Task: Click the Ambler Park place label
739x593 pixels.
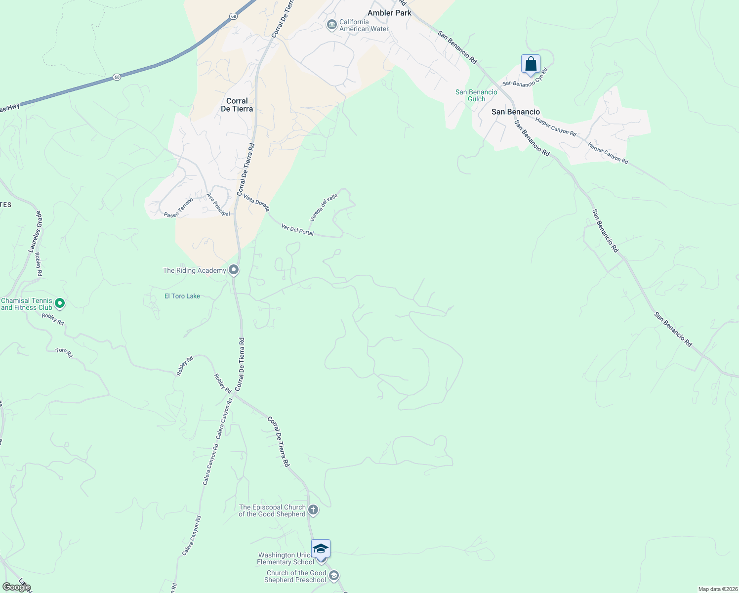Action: pos(389,13)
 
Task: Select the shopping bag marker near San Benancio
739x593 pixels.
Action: pos(531,64)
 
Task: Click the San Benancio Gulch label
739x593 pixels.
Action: pos(476,95)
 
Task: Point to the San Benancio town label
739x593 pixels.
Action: pos(516,112)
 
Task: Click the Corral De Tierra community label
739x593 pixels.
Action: pos(237,105)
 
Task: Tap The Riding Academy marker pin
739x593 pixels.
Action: pos(234,270)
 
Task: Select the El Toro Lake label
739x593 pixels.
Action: pos(182,296)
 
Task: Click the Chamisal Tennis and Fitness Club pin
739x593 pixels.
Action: pos(60,303)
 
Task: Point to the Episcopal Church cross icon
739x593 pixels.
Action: pos(313,509)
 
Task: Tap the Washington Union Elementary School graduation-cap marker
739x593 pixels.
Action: pos(321,549)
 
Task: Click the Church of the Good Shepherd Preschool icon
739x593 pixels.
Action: pos(334,576)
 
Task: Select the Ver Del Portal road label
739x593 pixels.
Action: pos(297,230)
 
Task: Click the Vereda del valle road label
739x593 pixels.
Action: pos(324,208)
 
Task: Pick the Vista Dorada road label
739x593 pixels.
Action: pos(256,202)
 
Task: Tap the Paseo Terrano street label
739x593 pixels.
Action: pos(178,208)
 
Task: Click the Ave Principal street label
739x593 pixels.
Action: pos(218,205)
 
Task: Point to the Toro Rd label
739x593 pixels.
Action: pos(64,352)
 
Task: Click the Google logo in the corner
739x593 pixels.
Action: pos(16,587)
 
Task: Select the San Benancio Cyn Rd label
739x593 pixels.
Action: pos(526,78)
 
